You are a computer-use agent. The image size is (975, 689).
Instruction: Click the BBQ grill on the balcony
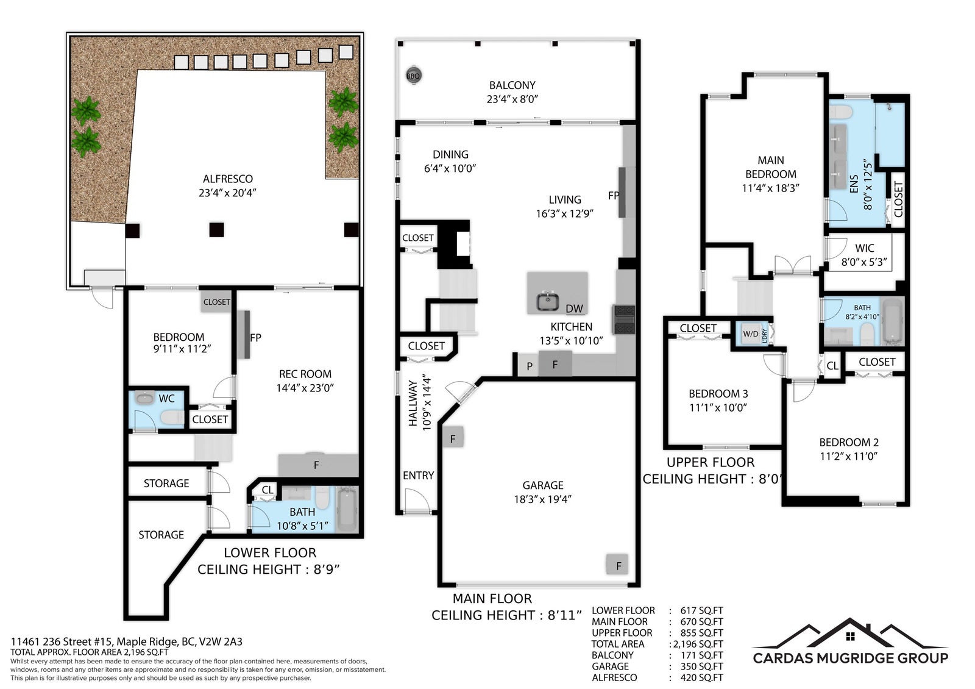tap(413, 76)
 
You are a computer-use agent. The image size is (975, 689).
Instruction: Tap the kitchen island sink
tap(548, 301)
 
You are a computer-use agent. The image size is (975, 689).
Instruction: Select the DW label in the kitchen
tap(574, 309)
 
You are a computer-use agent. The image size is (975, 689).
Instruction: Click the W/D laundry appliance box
tap(751, 334)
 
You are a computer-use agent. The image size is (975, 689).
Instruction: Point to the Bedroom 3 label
tap(718, 394)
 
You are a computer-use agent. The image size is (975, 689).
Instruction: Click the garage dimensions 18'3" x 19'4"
tap(542, 499)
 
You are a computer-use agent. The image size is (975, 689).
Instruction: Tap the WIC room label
tap(865, 248)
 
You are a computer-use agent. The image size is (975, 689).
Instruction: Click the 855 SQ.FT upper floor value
tap(701, 633)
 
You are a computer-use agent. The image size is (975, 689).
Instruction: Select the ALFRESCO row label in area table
tap(614, 677)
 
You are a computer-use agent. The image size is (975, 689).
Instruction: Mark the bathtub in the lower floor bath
tap(347, 510)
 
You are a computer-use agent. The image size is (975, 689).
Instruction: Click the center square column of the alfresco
tap(216, 229)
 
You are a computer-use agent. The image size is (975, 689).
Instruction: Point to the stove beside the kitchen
tap(624, 320)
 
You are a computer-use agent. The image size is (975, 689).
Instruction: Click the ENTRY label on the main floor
tap(418, 475)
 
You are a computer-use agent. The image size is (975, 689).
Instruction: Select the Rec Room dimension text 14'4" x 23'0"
tap(305, 388)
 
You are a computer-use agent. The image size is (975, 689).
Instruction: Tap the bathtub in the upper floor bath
tap(892, 321)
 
